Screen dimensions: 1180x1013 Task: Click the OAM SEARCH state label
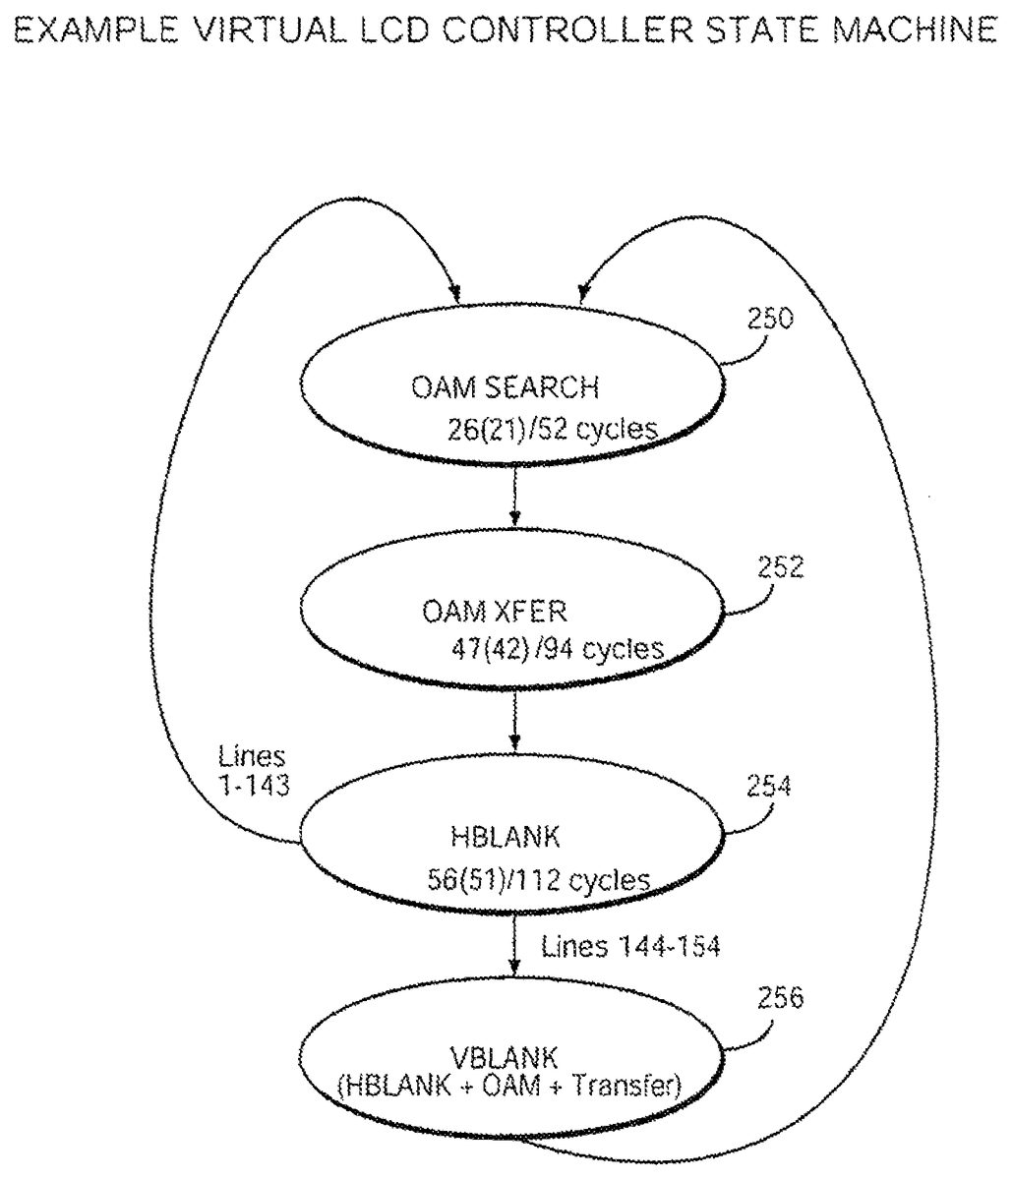click(505, 387)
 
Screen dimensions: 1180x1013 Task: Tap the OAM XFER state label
click(495, 612)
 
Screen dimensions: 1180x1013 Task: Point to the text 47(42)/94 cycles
click(554, 649)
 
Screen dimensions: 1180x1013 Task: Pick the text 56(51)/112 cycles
click(538, 878)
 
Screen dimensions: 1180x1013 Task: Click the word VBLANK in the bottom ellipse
click(505, 1057)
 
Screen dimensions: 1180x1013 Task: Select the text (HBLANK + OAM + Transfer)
click(507, 1086)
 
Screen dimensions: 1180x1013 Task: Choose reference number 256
click(782, 998)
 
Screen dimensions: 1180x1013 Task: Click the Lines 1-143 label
click(253, 771)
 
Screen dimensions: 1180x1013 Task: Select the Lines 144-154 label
click(630, 947)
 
